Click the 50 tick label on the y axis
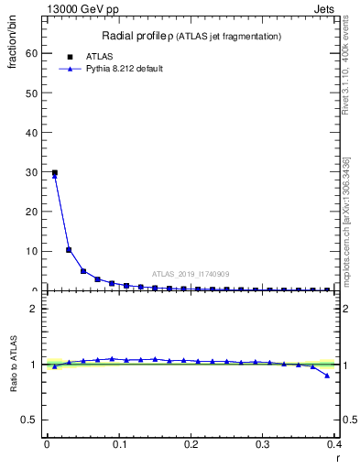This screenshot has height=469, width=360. (x=33, y=93)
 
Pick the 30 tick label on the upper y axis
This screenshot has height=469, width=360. (x=33, y=172)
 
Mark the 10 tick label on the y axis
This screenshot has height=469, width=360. (x=33, y=251)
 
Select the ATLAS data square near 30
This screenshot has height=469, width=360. (x=54, y=172)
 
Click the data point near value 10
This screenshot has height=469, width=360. (x=69, y=249)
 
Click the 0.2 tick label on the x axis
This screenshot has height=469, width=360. (x=191, y=444)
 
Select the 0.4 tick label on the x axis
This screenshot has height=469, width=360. (x=335, y=444)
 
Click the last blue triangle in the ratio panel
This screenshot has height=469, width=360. (x=327, y=376)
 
